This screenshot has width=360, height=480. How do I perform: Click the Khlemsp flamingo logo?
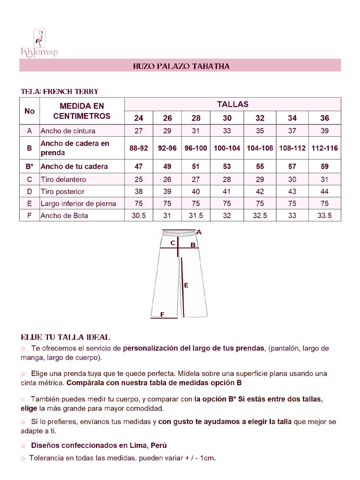click(39, 43)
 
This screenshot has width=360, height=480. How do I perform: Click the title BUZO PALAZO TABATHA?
click(181, 66)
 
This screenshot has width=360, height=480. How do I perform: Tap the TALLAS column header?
click(232, 104)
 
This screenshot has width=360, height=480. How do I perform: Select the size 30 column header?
click(227, 118)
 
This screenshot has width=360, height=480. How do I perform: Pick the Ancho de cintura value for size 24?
click(138, 131)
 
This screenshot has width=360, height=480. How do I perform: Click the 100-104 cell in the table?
click(227, 148)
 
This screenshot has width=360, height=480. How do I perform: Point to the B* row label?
click(29, 166)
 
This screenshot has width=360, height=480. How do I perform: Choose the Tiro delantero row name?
click(63, 180)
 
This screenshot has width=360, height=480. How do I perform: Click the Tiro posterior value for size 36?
click(324, 192)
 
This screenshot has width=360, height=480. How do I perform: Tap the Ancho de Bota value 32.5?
click(260, 216)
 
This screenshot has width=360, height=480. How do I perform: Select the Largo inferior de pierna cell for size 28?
click(196, 204)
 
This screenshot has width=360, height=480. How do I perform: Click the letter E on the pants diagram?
click(186, 285)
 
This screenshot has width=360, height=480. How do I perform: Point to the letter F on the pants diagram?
click(162, 314)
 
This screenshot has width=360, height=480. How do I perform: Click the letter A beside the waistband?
click(199, 232)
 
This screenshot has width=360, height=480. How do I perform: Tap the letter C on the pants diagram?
click(173, 242)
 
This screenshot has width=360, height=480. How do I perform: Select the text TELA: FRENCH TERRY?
click(59, 92)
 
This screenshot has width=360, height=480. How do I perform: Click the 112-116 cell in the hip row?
click(324, 148)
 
